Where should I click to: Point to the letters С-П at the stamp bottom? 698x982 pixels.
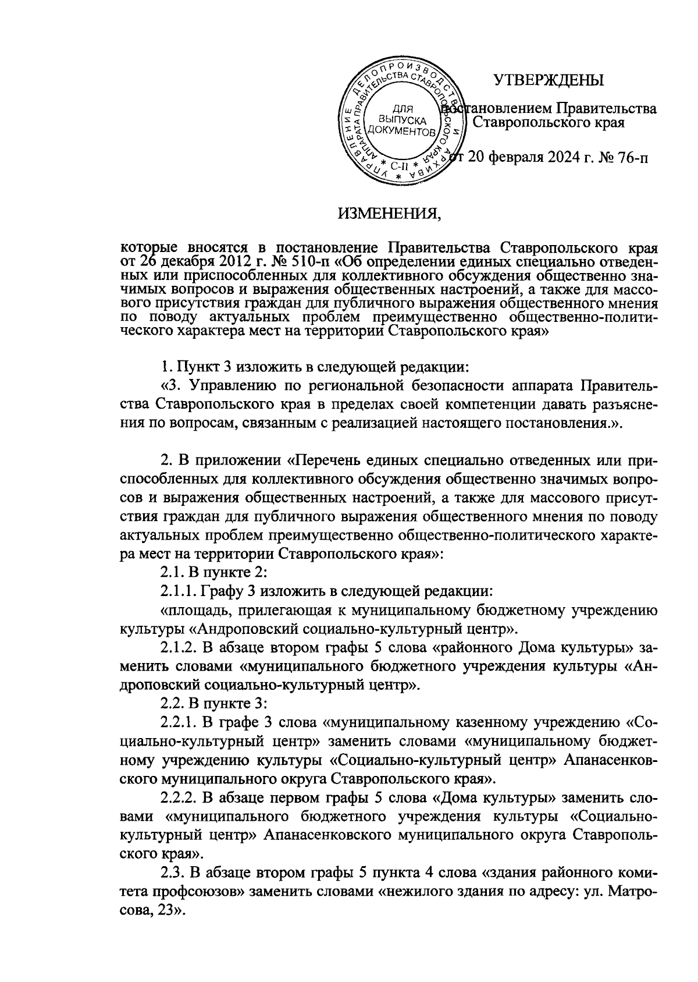coord(398,165)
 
